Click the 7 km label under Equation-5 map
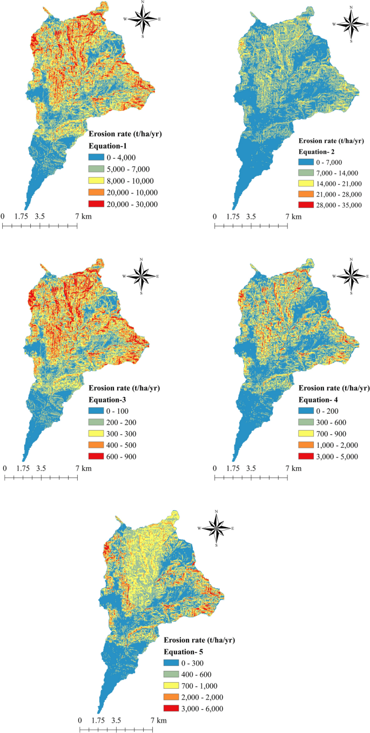[158, 721]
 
